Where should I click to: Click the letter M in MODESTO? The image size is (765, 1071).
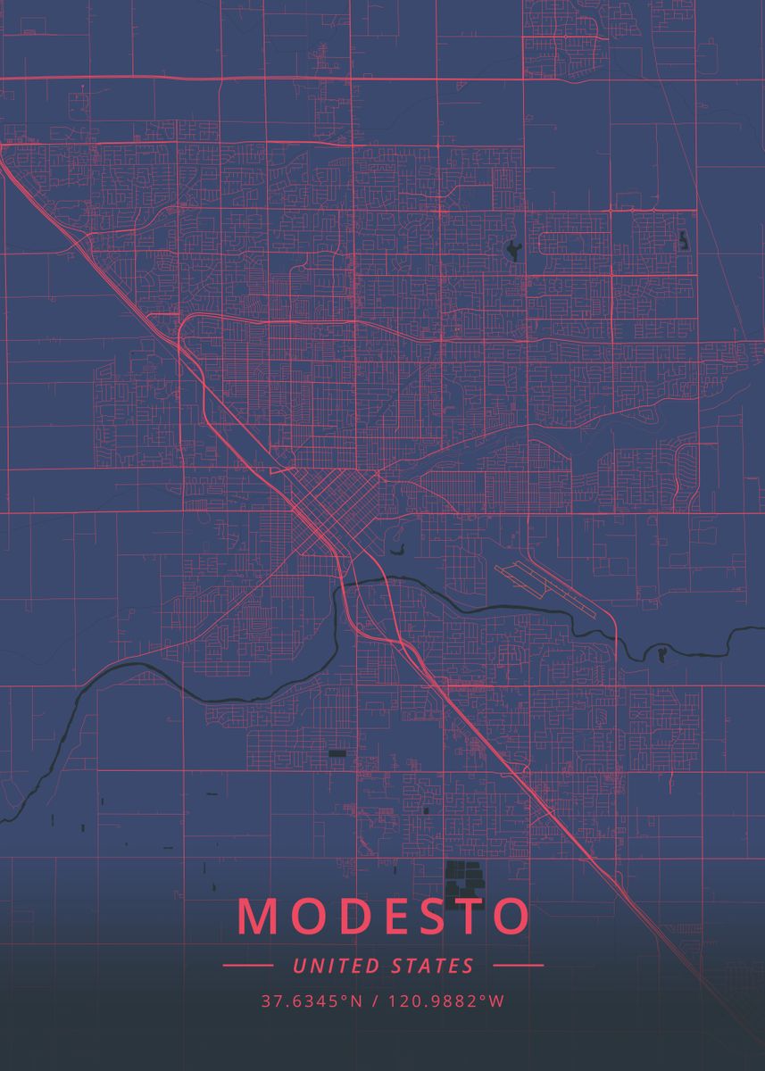point(260,916)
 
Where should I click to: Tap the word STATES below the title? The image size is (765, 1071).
point(433,966)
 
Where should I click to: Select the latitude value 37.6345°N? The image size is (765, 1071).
point(312,1001)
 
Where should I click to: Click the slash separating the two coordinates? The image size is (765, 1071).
point(376,1001)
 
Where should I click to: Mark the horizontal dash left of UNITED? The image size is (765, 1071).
point(247,965)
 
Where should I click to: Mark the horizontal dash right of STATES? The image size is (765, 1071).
point(518,965)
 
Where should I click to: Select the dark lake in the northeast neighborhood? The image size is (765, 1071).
point(513,250)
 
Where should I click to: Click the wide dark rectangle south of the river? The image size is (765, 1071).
point(337,753)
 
